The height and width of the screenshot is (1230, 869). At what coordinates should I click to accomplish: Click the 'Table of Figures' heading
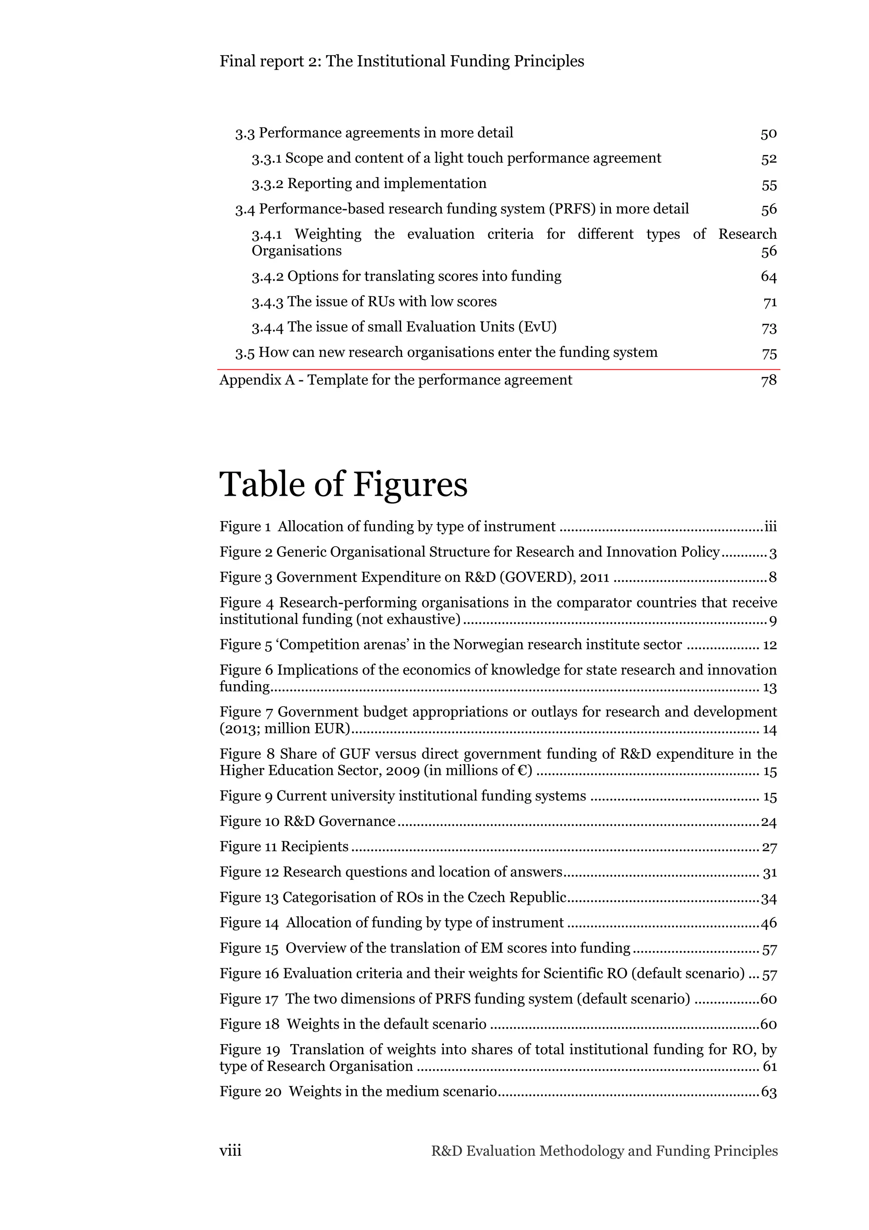pos(343,484)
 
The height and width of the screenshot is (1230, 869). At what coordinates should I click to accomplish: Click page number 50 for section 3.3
pos(768,133)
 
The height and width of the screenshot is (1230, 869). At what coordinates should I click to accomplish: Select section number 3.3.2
pos(267,184)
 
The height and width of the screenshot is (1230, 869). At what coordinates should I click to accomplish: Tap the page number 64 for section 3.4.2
pos(768,276)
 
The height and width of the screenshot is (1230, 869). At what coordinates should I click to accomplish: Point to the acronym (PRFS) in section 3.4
pos(572,209)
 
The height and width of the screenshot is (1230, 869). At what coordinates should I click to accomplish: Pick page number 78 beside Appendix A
pos(768,380)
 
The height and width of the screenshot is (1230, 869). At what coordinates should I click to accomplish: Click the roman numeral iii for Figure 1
pos(770,527)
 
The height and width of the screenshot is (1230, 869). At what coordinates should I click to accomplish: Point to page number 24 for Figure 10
pos(768,822)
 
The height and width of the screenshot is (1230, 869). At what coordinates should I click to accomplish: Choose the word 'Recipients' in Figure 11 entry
pos(315,846)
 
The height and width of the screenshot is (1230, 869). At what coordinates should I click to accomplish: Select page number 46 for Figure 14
pos(768,923)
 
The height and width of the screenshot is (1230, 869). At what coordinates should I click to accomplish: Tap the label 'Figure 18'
pos(249,1024)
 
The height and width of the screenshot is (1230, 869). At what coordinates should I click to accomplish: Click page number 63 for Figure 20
pos(768,1092)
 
